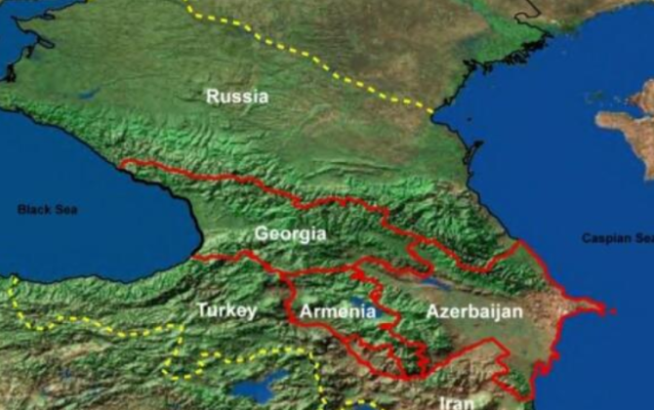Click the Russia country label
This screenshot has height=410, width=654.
[237, 97]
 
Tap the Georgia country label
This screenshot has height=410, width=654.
[290, 234]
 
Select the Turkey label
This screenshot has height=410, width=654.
[226, 310]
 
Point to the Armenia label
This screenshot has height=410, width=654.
[338, 311]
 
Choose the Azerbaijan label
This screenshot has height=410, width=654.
[474, 311]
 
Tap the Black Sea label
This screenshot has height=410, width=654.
[47, 210]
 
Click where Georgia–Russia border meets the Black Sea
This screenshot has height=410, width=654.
[121, 165]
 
